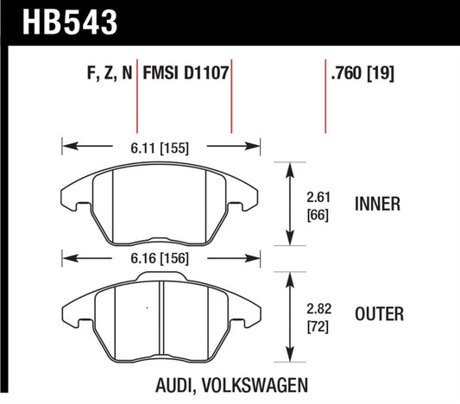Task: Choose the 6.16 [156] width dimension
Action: (161, 258)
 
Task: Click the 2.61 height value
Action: (318, 196)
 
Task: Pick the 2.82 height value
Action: (318, 307)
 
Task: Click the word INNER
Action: (376, 205)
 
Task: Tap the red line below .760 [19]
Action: (325, 108)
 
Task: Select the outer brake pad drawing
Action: (161, 311)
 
